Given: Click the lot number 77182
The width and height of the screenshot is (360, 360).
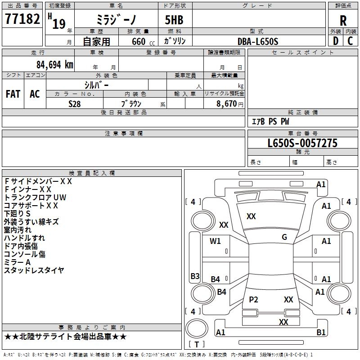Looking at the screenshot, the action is coord(22,19).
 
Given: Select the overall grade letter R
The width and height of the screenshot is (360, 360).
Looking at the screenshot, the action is coord(343,21).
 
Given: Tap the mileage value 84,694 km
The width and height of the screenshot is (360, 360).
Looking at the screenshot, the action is coord(55,65).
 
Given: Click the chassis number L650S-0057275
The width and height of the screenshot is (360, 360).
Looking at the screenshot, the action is coord(302,143).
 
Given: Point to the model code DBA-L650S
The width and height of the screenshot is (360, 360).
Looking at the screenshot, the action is coord(258,41).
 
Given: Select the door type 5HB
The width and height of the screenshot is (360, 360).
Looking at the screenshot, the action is coord(174,20).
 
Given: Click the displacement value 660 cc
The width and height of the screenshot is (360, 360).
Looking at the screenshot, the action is coord(143,41).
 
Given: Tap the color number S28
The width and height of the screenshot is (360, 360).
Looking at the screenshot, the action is coord(74,104).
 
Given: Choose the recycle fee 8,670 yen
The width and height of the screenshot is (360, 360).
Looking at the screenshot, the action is coord(230,104).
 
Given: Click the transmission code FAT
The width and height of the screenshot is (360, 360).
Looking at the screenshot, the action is coord(13,94).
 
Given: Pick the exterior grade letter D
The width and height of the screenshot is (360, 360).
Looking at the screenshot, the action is coord(335,41).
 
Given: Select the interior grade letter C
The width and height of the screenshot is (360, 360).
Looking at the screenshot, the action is coord(350,41).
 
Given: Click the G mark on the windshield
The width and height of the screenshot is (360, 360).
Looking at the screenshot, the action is coord(284,237).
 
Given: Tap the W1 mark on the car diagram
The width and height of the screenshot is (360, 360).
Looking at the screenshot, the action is coord(215,241).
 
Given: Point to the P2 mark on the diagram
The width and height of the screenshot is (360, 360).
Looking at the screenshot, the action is coord(253,300).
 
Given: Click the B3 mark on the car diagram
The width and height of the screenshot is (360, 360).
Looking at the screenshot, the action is coord(195,276).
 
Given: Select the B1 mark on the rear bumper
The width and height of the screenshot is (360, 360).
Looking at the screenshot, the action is coord(321,332).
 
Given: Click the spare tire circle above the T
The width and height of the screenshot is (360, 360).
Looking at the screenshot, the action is coord(197,328).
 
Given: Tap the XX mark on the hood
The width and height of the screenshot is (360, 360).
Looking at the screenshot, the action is coord(251,216).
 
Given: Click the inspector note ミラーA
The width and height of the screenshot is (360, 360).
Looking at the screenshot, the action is coord(17,262).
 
